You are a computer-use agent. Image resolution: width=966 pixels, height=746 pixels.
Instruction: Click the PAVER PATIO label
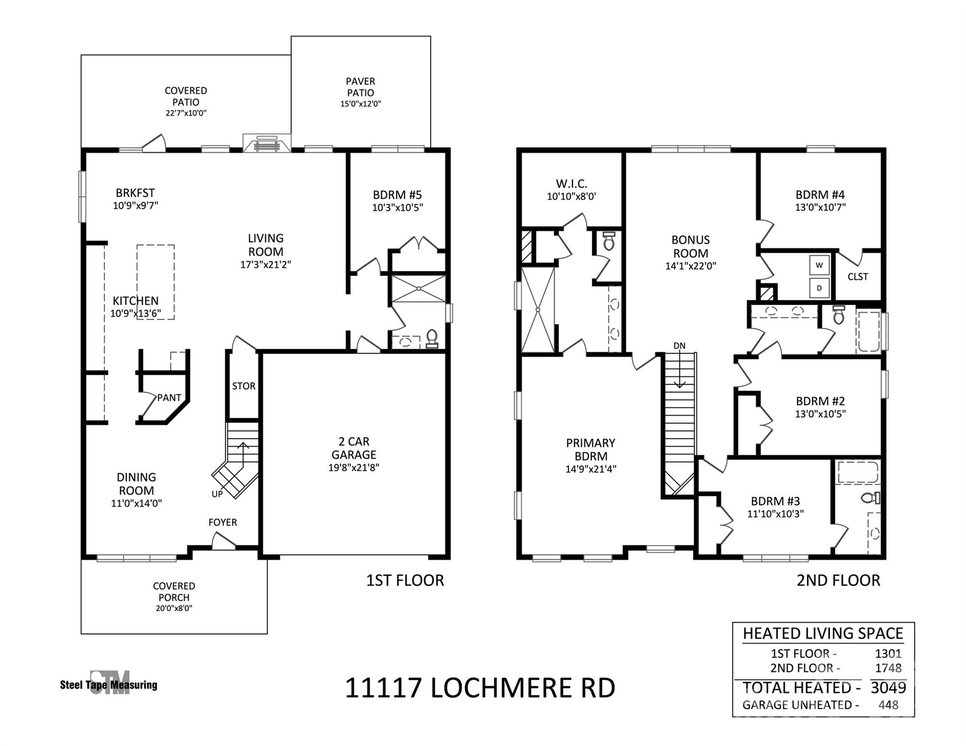(x=360, y=87)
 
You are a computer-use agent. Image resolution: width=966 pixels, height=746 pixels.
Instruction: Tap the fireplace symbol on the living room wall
(x=267, y=143)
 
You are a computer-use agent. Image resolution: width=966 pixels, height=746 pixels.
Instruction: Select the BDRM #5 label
(x=397, y=195)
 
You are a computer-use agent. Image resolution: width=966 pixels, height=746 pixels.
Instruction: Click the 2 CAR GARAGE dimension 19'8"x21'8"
(x=353, y=468)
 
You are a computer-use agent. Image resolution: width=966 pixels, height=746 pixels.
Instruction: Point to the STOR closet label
(x=243, y=386)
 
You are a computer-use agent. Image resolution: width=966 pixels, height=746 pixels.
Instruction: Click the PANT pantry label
(x=169, y=398)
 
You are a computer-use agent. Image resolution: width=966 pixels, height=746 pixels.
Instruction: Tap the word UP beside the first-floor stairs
(x=217, y=494)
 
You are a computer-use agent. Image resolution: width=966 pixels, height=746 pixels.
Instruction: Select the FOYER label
(x=223, y=522)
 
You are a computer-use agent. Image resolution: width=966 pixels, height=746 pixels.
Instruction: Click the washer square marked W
(x=819, y=265)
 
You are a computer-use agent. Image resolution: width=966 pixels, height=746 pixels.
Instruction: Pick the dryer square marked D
(x=819, y=288)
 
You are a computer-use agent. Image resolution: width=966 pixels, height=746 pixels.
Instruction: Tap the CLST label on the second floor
(x=858, y=276)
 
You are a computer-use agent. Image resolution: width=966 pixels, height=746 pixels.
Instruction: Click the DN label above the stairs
(x=679, y=346)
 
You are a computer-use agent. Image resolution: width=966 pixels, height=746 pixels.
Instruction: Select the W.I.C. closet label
(x=571, y=184)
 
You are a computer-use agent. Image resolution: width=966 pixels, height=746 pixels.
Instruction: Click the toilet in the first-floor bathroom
(x=431, y=338)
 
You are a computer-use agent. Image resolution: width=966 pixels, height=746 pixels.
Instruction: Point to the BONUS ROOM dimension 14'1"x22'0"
(x=690, y=266)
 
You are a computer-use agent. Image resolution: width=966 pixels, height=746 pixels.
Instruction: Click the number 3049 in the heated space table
(x=888, y=688)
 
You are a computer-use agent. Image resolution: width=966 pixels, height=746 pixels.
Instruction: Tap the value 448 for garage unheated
(x=888, y=705)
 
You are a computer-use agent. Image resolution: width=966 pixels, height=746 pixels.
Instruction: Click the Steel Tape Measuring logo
(x=109, y=684)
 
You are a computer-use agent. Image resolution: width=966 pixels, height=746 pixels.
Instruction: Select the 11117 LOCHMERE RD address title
(x=480, y=688)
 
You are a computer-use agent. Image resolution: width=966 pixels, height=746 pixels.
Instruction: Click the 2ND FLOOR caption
(x=838, y=580)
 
